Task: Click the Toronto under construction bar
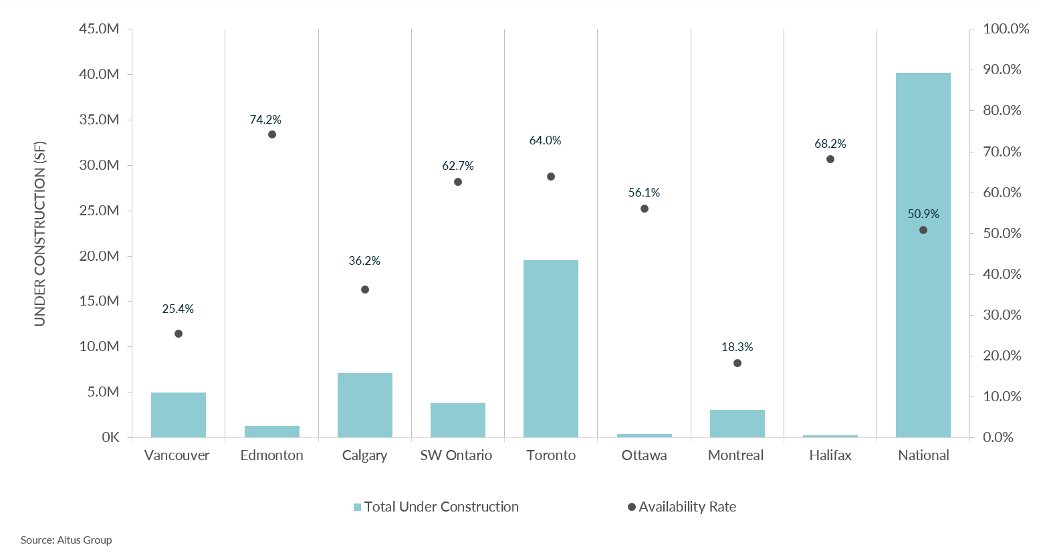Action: point(550,348)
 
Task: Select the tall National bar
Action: point(923,255)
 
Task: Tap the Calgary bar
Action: point(364,405)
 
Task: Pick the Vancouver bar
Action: point(178,415)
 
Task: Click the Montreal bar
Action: point(737,423)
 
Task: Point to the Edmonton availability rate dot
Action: point(272,134)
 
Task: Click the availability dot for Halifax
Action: point(830,159)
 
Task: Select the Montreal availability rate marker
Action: point(737,363)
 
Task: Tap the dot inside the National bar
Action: point(923,230)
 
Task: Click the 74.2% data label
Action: point(265,120)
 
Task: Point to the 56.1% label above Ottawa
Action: point(644,193)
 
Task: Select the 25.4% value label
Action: point(178,309)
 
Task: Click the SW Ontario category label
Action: point(456,455)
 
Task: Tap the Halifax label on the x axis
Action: point(830,455)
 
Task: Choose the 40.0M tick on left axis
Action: point(99,74)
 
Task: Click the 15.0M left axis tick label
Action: point(99,301)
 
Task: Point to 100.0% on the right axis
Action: point(1006,29)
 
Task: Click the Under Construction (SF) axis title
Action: point(40,233)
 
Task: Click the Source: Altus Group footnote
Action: point(66,540)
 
